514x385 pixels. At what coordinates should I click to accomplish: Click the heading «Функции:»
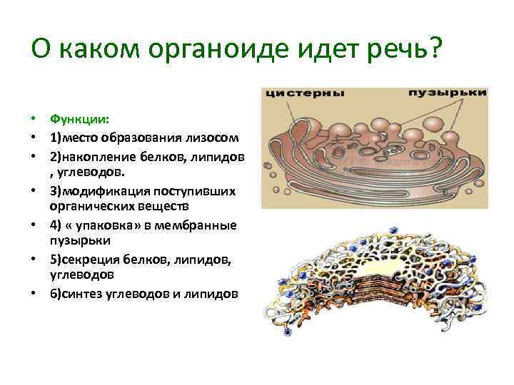[x=75, y=120]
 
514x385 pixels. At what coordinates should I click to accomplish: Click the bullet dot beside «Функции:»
[x=34, y=120]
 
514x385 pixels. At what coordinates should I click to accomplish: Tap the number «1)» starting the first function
[x=55, y=138]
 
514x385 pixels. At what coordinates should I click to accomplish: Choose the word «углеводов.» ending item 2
[x=89, y=172]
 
